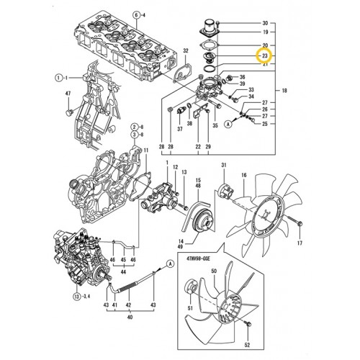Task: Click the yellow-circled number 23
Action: click(x=265, y=55)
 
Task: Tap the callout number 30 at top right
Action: click(x=265, y=23)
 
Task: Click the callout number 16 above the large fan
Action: click(x=243, y=175)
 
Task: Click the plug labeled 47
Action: click(x=69, y=114)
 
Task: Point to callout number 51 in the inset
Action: click(x=191, y=310)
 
